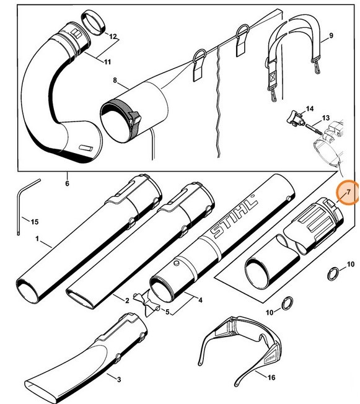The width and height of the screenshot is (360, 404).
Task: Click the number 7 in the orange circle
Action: coord(348,193)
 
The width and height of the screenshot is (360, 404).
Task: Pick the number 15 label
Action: coord(35,222)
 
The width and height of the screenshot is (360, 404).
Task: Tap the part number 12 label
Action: coord(113,37)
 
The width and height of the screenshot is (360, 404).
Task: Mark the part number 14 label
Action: coord(310,108)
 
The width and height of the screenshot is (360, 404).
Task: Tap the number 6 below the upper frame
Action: coord(66,183)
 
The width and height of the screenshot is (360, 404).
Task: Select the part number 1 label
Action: coord(38,238)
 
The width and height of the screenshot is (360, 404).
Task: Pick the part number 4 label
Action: coord(200,301)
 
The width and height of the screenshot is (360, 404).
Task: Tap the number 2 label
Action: coord(126,301)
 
